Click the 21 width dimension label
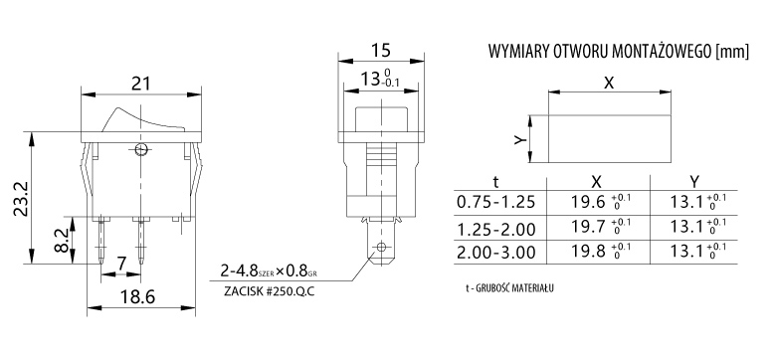pyautogui.click(x=140, y=84)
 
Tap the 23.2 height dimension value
pyautogui.click(x=21, y=198)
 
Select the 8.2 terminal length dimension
pyautogui.click(x=62, y=240)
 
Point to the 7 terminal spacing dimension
pyautogui.click(x=121, y=264)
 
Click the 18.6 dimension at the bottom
pyautogui.click(x=137, y=297)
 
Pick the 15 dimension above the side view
pyautogui.click(x=381, y=50)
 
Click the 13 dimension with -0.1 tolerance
pyautogui.click(x=380, y=79)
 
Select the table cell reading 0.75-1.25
pyautogui.click(x=495, y=202)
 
